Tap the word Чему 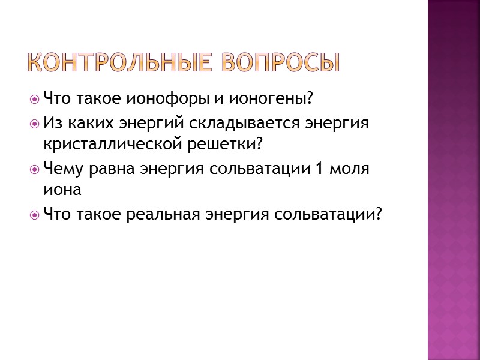62,169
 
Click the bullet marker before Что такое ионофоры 36,98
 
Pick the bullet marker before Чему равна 36,169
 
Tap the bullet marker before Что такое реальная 36,214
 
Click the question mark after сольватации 378,214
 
